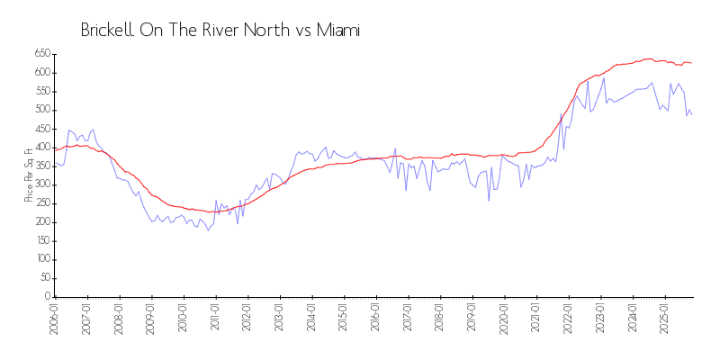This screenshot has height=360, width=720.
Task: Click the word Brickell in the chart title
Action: click(x=107, y=31)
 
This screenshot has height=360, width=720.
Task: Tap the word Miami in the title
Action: click(x=337, y=31)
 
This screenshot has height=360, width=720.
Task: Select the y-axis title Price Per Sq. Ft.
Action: click(x=30, y=175)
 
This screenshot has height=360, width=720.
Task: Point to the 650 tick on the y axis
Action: click(x=41, y=54)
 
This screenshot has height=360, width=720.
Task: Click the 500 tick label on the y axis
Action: click(x=41, y=110)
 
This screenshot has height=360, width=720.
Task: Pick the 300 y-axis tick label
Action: click(x=41, y=184)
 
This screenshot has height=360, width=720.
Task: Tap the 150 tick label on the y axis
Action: click(x=41, y=240)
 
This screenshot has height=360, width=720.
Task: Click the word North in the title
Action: click(x=267, y=31)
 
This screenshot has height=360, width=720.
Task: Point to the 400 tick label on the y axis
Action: click(x=41, y=147)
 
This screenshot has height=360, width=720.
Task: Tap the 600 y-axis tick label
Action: click(x=41, y=73)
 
